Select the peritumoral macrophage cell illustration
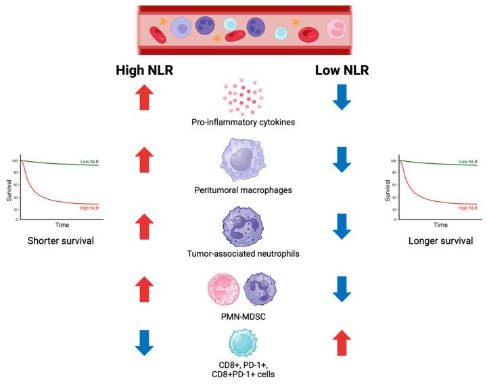(x=243, y=162)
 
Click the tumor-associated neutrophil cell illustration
(x=243, y=226)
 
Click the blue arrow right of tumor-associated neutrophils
(x=343, y=226)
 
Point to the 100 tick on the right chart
(x=394, y=161)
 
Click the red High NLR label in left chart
(x=89, y=207)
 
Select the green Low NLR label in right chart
(x=468, y=162)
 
